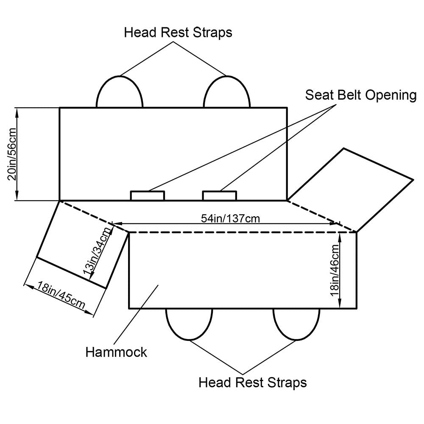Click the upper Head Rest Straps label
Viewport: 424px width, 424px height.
[178, 33]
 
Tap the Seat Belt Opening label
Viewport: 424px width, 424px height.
[361, 95]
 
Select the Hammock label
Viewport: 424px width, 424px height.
[116, 352]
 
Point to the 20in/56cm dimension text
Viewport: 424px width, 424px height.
[12, 154]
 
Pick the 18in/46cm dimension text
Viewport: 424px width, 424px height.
[335, 270]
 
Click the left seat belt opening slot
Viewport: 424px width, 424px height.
[147, 195]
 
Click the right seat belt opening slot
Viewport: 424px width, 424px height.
[220, 195]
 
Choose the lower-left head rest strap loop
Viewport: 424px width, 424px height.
[189, 323]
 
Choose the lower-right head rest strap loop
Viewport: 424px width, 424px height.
[296, 323]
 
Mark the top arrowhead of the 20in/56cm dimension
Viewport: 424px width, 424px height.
[17, 111]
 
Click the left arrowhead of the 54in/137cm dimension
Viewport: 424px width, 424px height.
[114, 223]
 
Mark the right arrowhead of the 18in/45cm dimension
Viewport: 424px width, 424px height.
[90, 313]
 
